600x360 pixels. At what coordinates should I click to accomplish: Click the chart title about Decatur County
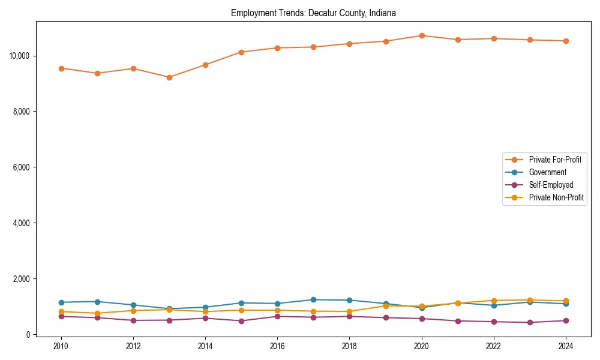pyautogui.click(x=313, y=13)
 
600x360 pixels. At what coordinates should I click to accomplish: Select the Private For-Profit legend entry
pyautogui.click(x=550, y=160)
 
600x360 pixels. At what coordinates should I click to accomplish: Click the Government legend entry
pyautogui.click(x=547, y=172)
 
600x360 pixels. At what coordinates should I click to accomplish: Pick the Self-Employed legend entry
pyautogui.click(x=551, y=185)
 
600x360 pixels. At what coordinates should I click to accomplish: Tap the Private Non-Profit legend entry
pyautogui.click(x=556, y=197)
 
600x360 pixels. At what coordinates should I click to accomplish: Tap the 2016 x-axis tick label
pyautogui.click(x=277, y=346)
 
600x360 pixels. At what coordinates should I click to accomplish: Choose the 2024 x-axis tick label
pyautogui.click(x=565, y=346)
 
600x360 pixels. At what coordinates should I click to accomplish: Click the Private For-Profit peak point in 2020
pyautogui.click(x=422, y=35)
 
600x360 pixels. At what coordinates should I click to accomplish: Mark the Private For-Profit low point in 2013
pyautogui.click(x=169, y=77)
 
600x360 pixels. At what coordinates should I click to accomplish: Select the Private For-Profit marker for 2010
pyautogui.click(x=61, y=68)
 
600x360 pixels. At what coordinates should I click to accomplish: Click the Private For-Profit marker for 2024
pyautogui.click(x=565, y=41)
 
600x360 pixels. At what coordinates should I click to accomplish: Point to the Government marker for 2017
pyautogui.click(x=313, y=299)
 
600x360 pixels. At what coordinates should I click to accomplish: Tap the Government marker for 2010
pyautogui.click(x=61, y=302)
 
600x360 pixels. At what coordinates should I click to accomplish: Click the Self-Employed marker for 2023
pyautogui.click(x=530, y=322)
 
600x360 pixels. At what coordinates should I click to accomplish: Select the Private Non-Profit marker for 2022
pyautogui.click(x=494, y=301)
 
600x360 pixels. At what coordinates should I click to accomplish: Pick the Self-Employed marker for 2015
pyautogui.click(x=241, y=321)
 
